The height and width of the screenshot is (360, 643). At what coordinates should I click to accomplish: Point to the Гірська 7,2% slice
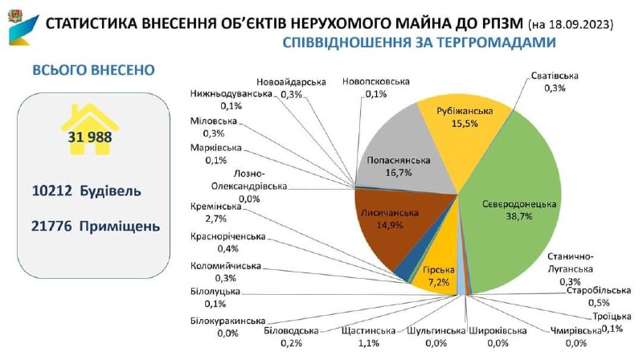(436, 276)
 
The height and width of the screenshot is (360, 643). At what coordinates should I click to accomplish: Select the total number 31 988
(89, 137)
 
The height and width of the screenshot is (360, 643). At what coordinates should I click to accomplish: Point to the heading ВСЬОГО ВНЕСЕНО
(92, 71)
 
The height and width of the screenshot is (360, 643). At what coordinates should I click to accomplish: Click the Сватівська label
(555, 76)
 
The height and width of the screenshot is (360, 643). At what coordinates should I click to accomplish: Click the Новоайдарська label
(292, 82)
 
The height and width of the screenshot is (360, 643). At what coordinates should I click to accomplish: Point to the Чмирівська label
(575, 330)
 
